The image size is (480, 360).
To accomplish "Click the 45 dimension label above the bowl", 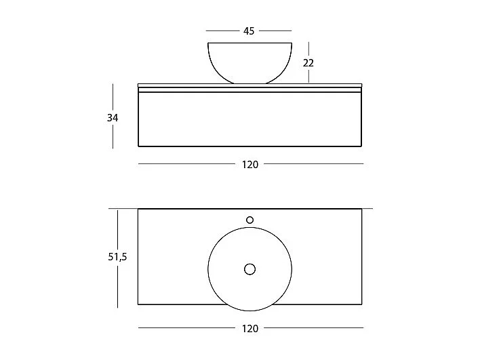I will click(249, 31).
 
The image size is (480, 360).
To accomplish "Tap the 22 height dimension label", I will click(308, 62).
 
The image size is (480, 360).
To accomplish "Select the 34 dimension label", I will click(113, 117).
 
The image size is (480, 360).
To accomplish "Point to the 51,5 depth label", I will click(118, 258).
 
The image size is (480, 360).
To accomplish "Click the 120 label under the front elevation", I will click(250, 163).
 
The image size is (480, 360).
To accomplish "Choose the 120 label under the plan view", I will click(250, 328).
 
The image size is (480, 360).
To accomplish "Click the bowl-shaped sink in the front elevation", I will click(249, 62).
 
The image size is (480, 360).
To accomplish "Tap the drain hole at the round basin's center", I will click(249, 270).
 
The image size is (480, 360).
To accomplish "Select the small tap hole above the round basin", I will click(249, 220).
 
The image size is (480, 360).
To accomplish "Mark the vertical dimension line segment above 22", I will click(308, 49).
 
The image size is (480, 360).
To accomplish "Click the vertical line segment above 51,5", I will click(118, 229).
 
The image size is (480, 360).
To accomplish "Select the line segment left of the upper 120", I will click(187, 163).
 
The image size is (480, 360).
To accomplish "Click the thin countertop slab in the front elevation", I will click(250, 87).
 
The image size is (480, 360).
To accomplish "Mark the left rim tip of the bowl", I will click(207, 43).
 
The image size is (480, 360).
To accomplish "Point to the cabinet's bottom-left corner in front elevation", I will click(138, 146).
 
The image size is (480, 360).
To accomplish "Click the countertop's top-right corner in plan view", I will click(362, 209).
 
